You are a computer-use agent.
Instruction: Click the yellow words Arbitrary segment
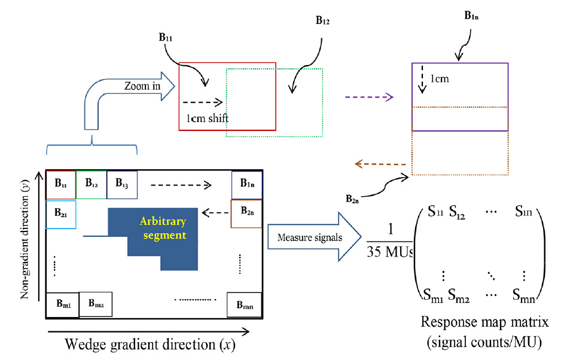[163, 228]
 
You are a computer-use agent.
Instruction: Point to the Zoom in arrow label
[142, 86]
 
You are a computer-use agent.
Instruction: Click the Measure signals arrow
[314, 237]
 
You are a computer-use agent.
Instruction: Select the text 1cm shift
[207, 118]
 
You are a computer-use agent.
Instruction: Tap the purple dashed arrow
[369, 97]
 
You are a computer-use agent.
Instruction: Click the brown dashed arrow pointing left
[380, 164]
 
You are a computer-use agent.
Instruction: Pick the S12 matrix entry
[457, 213]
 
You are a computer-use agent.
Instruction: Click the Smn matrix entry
[524, 295]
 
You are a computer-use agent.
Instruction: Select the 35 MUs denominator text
[390, 252]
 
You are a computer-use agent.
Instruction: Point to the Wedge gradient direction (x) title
[150, 345]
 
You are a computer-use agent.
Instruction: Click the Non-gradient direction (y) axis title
[25, 239]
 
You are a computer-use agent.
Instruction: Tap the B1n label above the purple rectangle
[471, 16]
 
